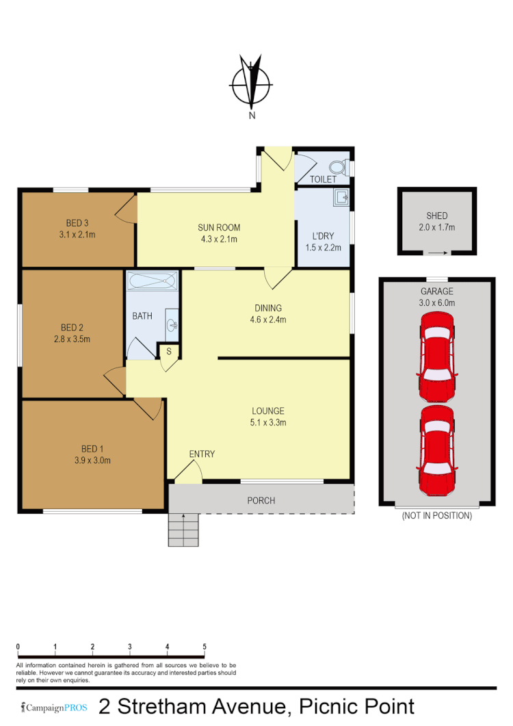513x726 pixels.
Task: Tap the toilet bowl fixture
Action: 339,168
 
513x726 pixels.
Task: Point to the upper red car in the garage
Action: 436,356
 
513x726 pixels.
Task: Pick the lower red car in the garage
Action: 436,450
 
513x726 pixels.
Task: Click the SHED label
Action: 436,216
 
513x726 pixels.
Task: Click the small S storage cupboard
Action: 168,352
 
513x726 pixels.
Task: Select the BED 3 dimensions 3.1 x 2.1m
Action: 77,235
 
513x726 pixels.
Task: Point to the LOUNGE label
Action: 268,411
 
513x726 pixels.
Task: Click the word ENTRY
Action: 202,454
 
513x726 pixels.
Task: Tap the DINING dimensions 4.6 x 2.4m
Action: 267,320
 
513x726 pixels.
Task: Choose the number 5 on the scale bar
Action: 205,646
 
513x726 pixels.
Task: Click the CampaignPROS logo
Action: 55,708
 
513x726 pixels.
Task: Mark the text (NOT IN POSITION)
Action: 436,515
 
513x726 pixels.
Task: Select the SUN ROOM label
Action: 219,228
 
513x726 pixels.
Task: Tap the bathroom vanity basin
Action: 172,324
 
